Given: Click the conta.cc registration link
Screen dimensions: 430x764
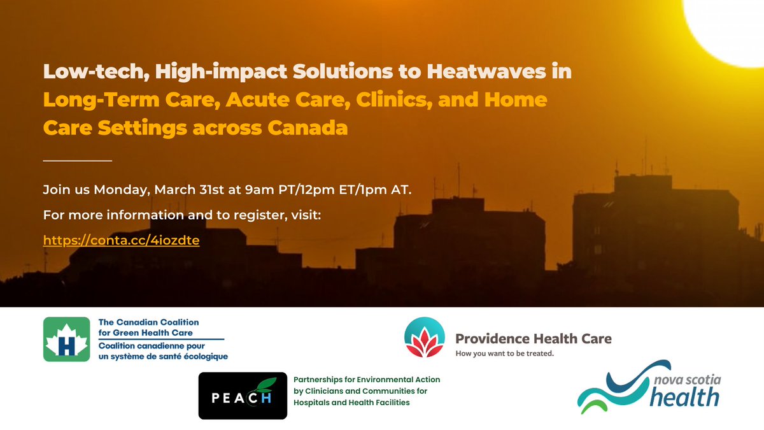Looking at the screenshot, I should (x=121, y=241).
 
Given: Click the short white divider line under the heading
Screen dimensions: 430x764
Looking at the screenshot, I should (x=77, y=161).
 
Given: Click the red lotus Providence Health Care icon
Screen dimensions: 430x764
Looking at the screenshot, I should (x=423, y=338).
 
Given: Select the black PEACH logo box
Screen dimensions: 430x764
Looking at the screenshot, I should (x=243, y=396).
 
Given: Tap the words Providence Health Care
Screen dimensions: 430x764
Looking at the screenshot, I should (x=533, y=338).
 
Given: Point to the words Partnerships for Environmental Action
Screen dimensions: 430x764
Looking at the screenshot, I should (x=367, y=380).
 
